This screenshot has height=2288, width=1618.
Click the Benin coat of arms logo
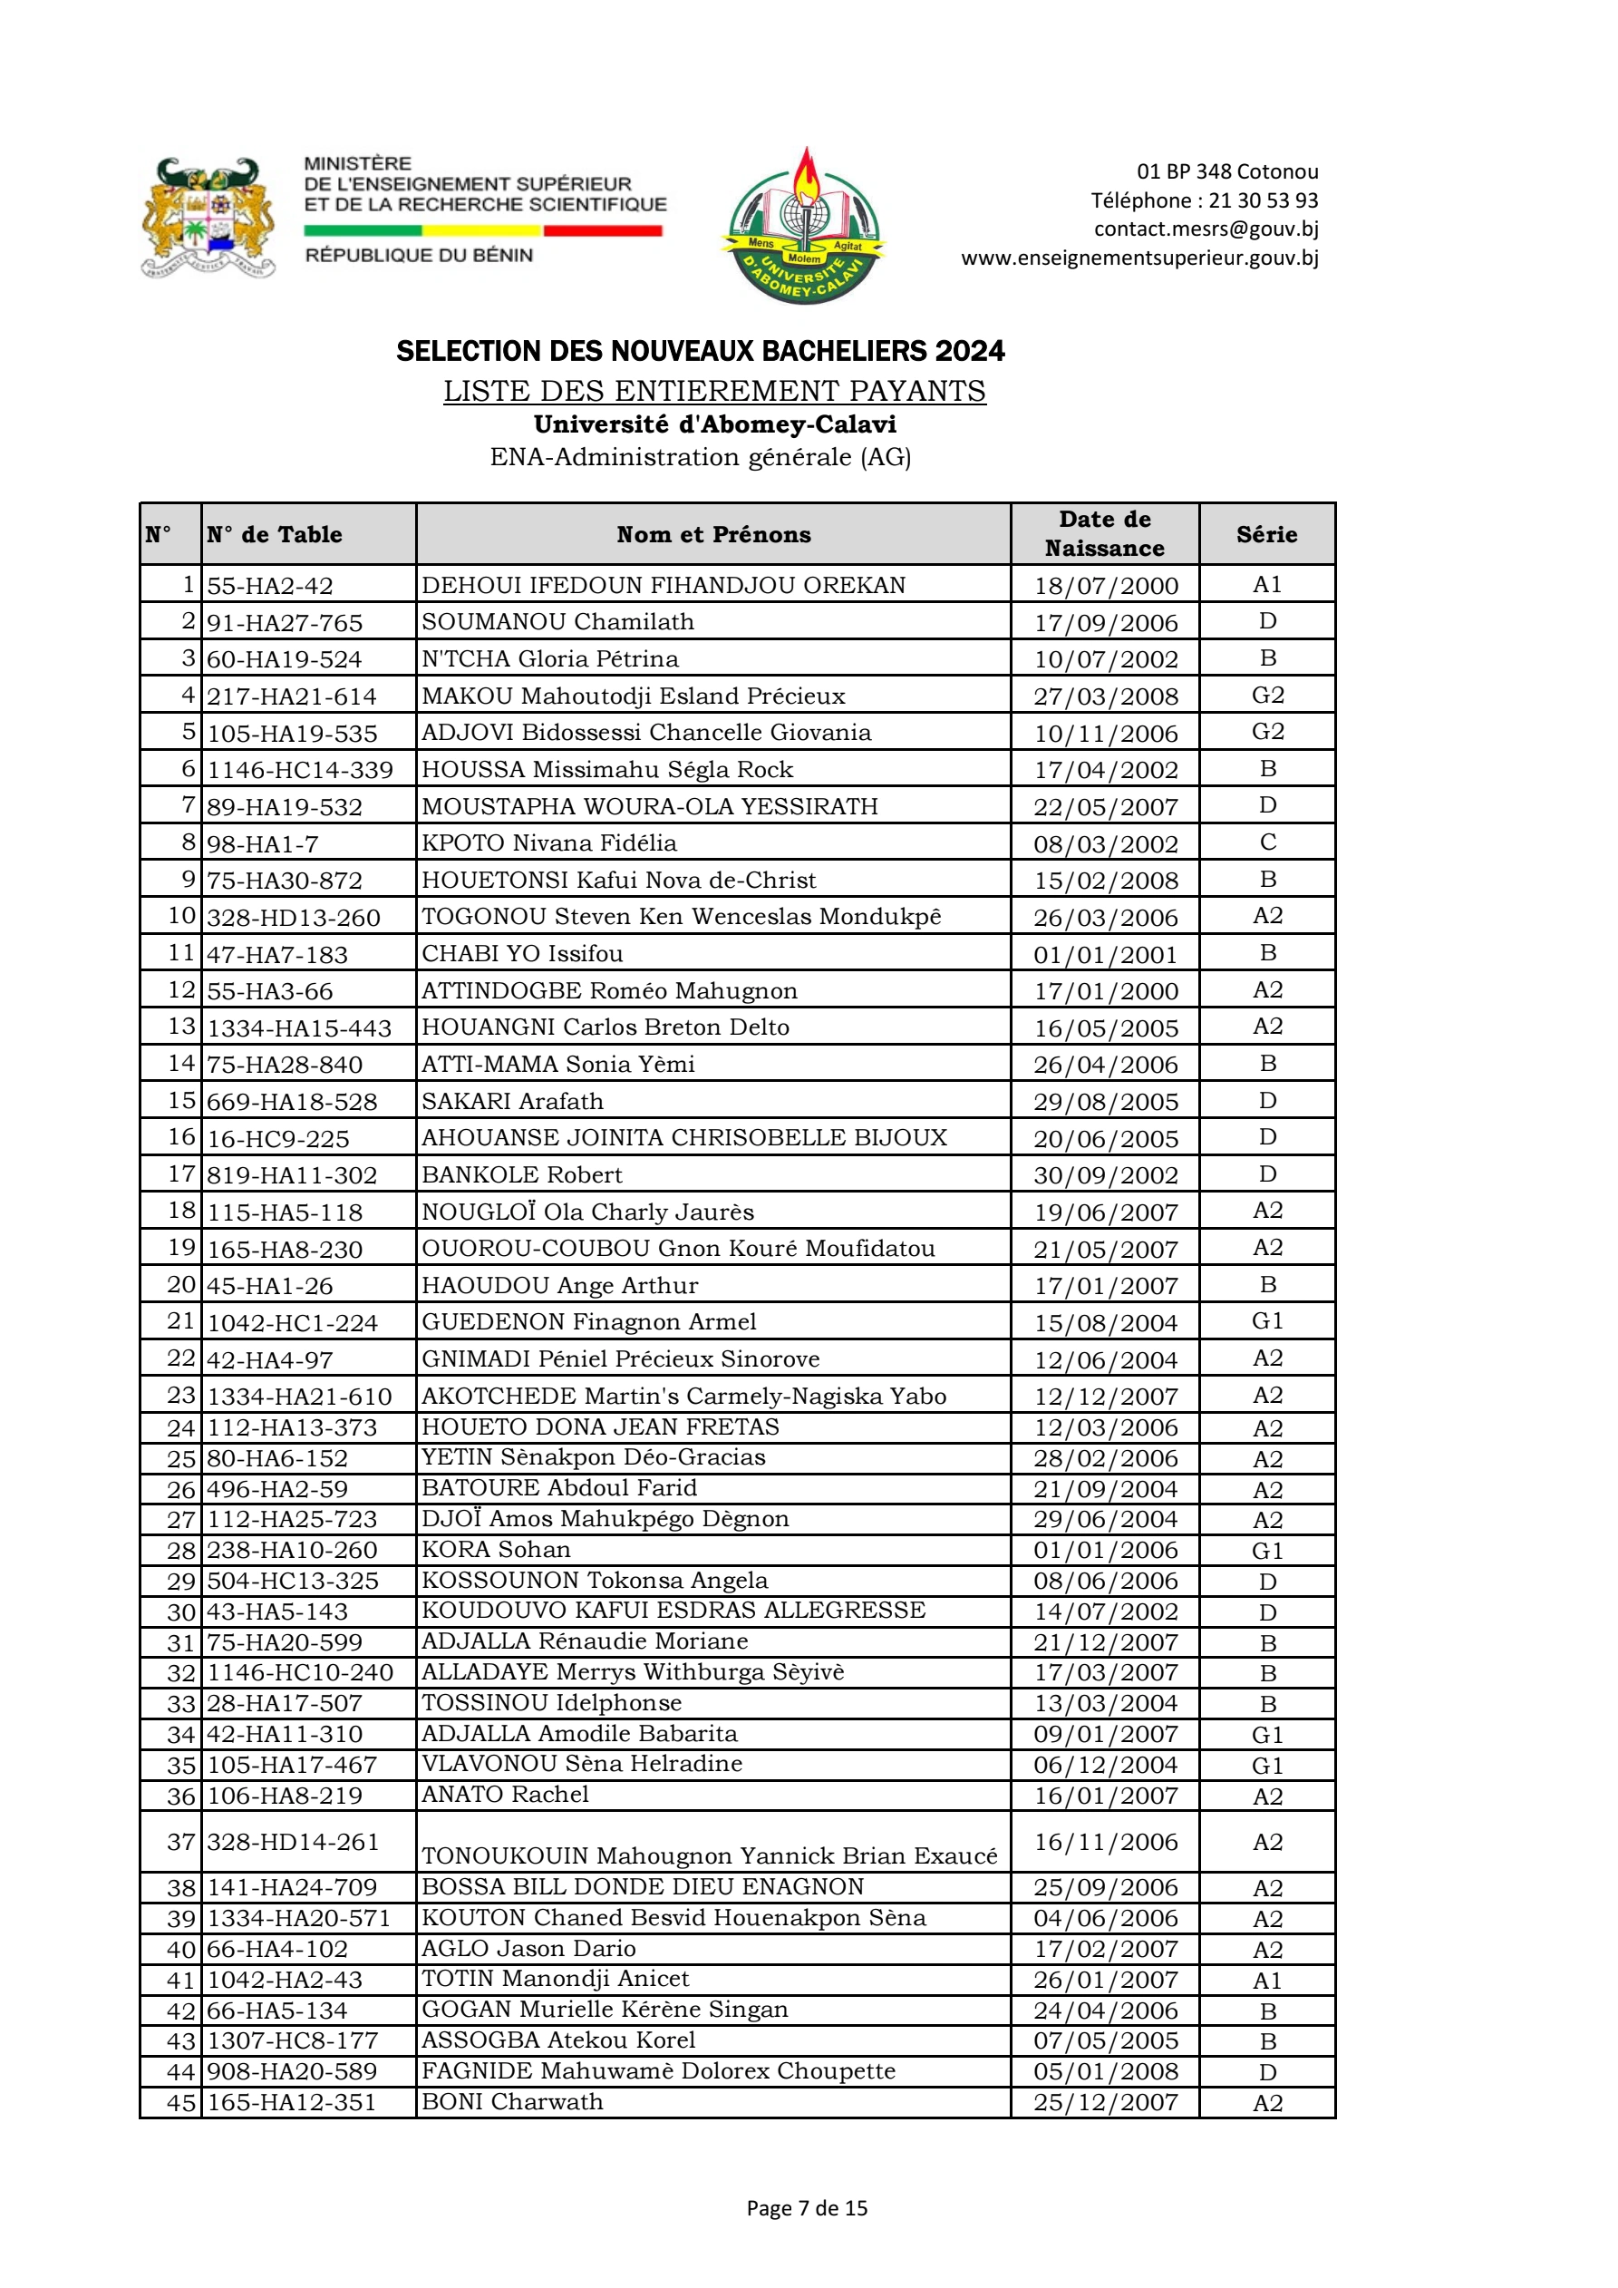208,218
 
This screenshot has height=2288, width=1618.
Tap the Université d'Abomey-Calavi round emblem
805,226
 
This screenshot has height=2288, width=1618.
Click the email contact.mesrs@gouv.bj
1206,229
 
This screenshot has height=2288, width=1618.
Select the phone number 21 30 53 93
1263,200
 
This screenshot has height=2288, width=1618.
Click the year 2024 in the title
969,352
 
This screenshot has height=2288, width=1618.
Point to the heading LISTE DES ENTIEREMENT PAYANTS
713,391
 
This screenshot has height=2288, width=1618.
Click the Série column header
1266,535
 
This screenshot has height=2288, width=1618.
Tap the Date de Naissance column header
1104,534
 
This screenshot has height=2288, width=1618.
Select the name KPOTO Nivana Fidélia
549,843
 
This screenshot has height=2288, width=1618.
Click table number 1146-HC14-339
300,770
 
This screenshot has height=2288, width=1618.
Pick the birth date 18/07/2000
1105,586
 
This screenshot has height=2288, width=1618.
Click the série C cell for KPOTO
1267,843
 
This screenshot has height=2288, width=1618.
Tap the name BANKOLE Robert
522,1175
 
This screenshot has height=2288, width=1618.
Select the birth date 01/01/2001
1105,955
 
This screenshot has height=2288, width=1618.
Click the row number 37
181,1842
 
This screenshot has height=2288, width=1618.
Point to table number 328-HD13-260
293,918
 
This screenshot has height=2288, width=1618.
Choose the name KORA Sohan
496,1550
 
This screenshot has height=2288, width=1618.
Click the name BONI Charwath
512,2102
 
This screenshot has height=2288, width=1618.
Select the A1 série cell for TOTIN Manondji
1267,1980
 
